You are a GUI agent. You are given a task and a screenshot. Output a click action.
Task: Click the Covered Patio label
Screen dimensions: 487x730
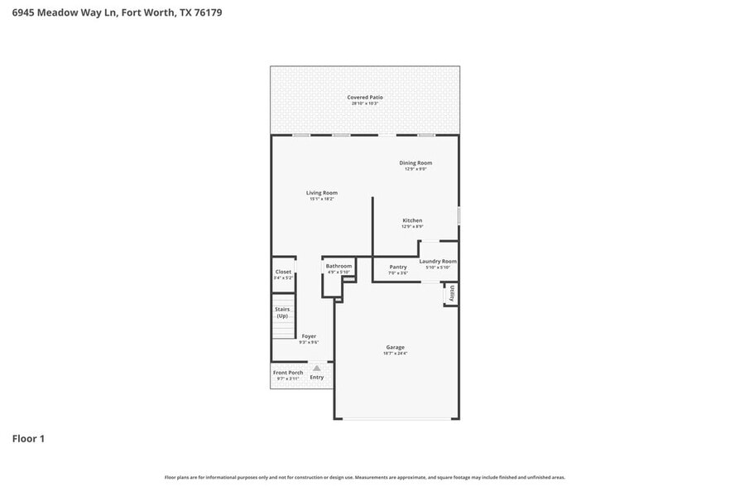click(x=365, y=98)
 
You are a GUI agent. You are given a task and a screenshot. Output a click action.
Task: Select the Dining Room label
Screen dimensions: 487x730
click(x=418, y=163)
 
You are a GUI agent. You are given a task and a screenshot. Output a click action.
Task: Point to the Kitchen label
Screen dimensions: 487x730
click(x=413, y=220)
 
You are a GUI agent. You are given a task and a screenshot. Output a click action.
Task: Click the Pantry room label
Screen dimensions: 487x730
click(x=398, y=268)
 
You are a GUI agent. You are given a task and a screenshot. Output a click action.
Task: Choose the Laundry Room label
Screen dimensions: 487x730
click(x=438, y=262)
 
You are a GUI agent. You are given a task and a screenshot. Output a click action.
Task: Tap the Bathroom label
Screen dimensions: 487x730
click(x=339, y=266)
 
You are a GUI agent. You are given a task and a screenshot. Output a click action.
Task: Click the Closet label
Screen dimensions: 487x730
click(x=283, y=272)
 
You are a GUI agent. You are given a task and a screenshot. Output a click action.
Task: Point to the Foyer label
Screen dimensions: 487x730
click(x=309, y=336)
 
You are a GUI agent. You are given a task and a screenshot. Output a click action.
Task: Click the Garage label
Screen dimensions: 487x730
click(x=395, y=347)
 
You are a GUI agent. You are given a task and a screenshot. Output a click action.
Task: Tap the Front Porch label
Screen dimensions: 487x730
click(x=288, y=373)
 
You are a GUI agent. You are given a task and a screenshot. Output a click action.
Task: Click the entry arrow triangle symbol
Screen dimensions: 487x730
click(x=316, y=368)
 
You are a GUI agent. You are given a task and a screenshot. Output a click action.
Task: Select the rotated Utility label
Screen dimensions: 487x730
click(x=453, y=293)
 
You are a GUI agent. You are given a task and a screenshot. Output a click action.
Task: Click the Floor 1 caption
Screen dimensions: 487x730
click(x=28, y=438)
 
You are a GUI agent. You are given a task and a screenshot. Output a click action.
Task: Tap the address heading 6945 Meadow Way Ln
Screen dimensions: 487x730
click(x=117, y=13)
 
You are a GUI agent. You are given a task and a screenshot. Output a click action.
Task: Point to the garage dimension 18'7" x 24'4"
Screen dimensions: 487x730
click(x=395, y=354)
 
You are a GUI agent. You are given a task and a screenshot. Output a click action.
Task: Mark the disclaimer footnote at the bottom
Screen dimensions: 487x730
click(x=365, y=477)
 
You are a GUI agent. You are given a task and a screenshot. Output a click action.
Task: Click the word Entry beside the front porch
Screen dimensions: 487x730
click(x=316, y=378)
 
